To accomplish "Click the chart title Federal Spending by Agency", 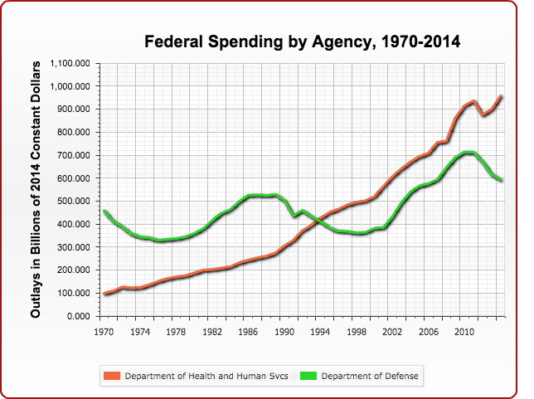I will pyautogui.click(x=303, y=41).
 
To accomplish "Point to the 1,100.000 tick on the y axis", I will pyautogui.click(x=72, y=63).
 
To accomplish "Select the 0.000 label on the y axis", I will pyautogui.click(x=80, y=316).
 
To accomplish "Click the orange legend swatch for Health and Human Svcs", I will pyautogui.click(x=112, y=377).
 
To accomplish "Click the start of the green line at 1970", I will pyautogui.click(x=104, y=212).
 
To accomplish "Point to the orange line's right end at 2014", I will pyautogui.click(x=501, y=96).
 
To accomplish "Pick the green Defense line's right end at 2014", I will pyautogui.click(x=501, y=179).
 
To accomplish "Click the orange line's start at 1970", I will pyautogui.click(x=104, y=294).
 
